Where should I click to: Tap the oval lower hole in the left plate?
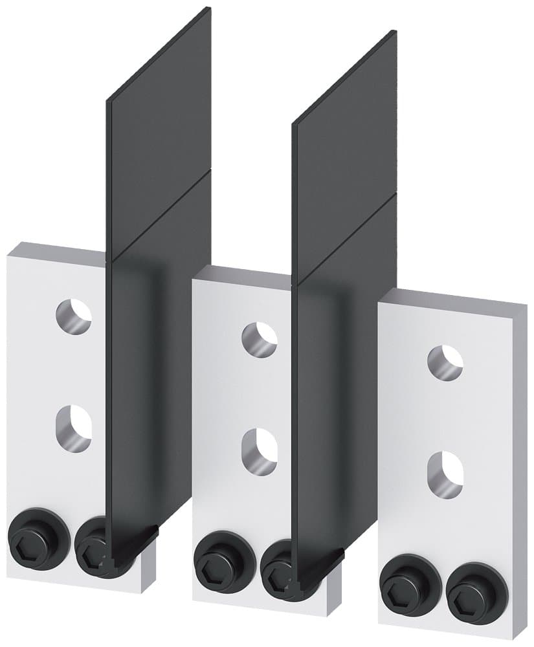[x=73, y=427]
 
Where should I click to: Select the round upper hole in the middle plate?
[x=259, y=339]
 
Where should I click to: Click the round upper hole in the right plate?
[x=445, y=362]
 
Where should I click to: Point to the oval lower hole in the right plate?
[x=445, y=474]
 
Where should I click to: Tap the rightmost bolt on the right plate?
[x=468, y=589]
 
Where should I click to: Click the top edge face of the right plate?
[x=453, y=296]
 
